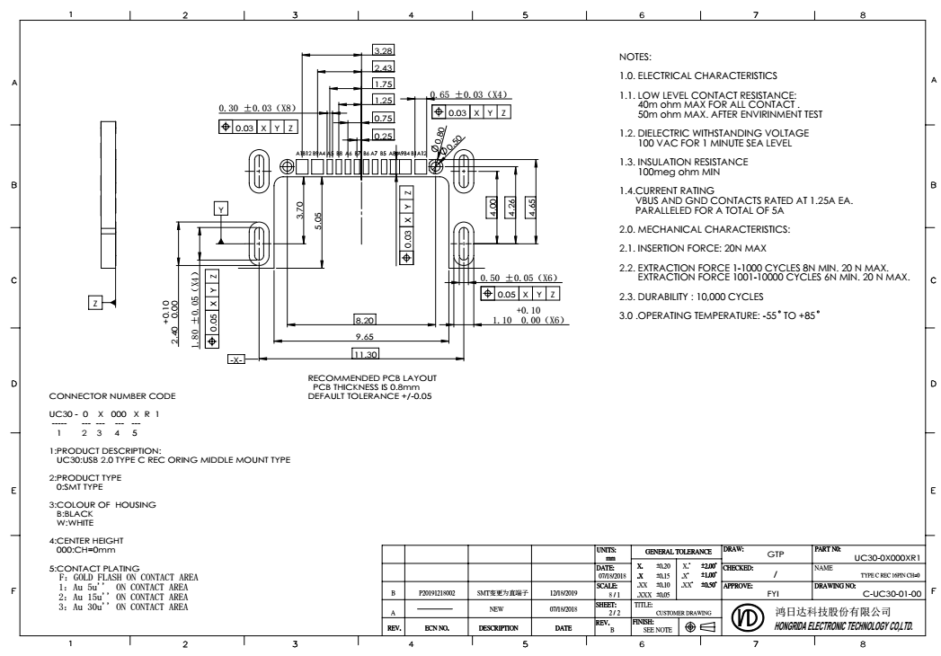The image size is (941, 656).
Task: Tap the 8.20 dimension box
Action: tap(365, 319)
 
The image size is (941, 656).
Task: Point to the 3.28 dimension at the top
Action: tap(383, 52)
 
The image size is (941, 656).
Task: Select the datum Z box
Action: tap(96, 303)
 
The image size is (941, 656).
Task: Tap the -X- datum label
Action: tap(235, 359)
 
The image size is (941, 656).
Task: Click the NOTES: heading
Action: tap(624, 57)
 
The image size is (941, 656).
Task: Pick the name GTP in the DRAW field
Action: tap(776, 554)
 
